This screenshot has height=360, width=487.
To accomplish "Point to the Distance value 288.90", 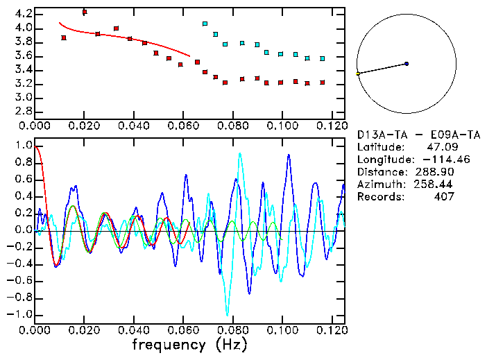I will click(436, 171).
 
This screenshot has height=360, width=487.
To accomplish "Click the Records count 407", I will click(443, 196).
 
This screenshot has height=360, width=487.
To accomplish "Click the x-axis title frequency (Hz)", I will click(192, 344).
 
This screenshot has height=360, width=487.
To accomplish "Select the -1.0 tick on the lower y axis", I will click(20, 314).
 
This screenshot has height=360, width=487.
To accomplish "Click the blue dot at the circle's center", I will click(407, 64).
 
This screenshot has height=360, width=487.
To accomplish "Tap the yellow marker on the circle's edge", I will click(358, 74).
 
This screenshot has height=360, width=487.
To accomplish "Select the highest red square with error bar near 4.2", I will click(84, 12).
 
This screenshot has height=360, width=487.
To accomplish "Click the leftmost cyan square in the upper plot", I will click(205, 24).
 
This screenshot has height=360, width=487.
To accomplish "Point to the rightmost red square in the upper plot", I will click(323, 83).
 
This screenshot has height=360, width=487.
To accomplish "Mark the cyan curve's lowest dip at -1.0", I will click(226, 314).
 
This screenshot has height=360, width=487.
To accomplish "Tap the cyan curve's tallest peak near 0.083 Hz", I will click(239, 154).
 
